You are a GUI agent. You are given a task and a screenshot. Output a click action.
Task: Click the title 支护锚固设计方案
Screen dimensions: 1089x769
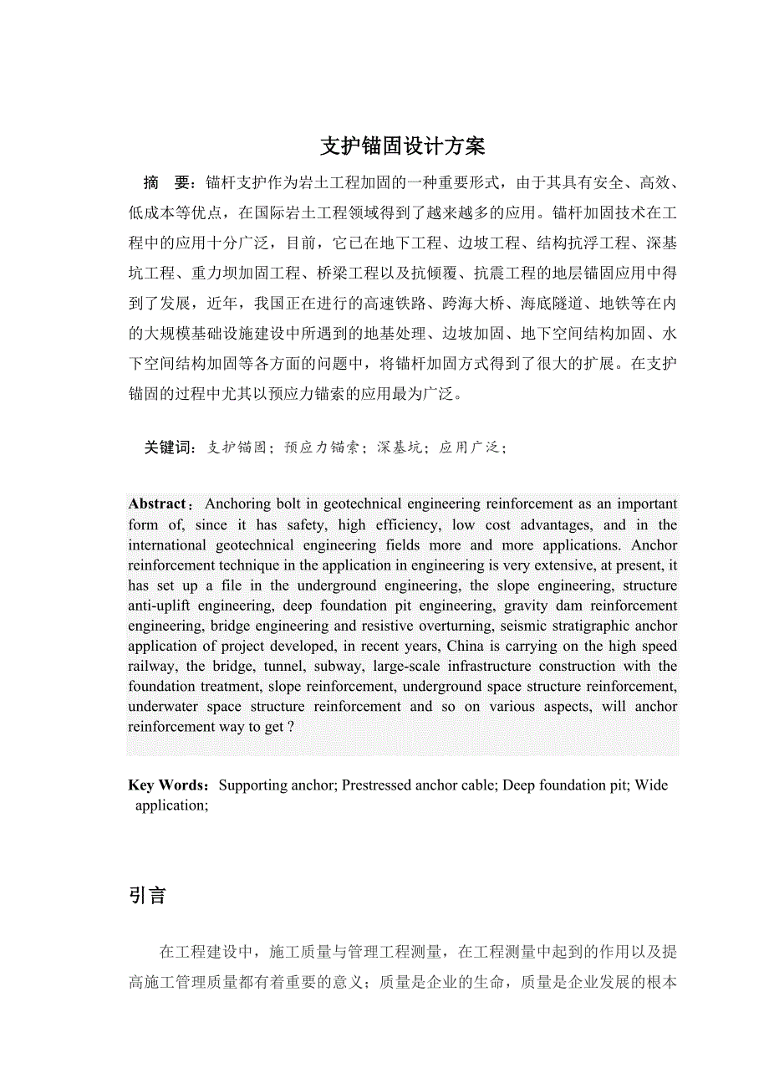point(403,146)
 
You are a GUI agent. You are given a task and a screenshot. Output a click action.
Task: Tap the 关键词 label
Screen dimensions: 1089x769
point(168,447)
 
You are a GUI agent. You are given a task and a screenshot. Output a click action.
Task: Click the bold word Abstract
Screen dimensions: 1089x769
point(157,504)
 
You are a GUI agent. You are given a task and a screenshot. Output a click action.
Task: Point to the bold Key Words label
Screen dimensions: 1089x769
point(167,785)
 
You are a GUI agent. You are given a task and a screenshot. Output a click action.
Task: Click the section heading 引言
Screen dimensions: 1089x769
point(148,896)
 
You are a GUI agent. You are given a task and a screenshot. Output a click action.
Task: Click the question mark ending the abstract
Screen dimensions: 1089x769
point(290,727)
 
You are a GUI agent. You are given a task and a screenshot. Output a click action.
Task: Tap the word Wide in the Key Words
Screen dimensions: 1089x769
point(652,785)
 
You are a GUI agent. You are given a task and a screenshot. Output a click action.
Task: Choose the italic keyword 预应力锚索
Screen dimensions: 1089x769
point(322,447)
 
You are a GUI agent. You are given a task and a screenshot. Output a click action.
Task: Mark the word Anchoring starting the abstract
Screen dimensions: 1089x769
point(237,504)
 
